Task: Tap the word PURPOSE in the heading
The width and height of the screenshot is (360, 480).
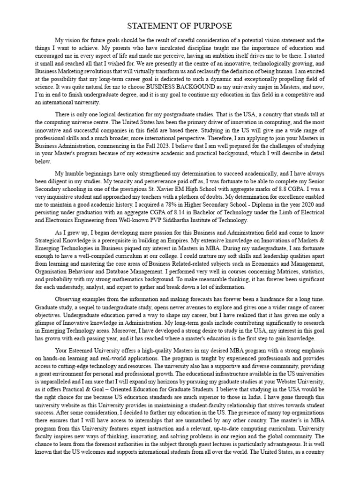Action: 214,26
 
